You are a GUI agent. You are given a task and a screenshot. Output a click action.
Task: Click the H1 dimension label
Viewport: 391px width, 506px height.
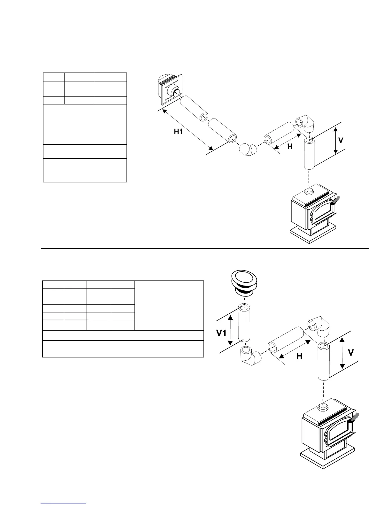pos(178,131)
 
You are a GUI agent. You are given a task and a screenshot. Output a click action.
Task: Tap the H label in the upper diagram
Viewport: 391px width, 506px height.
pos(290,146)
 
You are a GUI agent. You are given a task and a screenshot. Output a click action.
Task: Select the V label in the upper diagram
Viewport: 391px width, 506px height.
pos(341,141)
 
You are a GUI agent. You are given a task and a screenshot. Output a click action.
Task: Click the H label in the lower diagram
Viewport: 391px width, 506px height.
pos(299,356)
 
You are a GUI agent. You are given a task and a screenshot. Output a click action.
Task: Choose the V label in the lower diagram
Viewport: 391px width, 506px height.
pos(351,353)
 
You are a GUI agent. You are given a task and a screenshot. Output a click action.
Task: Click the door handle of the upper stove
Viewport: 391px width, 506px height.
pos(335,201)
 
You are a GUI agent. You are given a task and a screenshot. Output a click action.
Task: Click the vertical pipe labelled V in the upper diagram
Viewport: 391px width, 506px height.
pos(309,154)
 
